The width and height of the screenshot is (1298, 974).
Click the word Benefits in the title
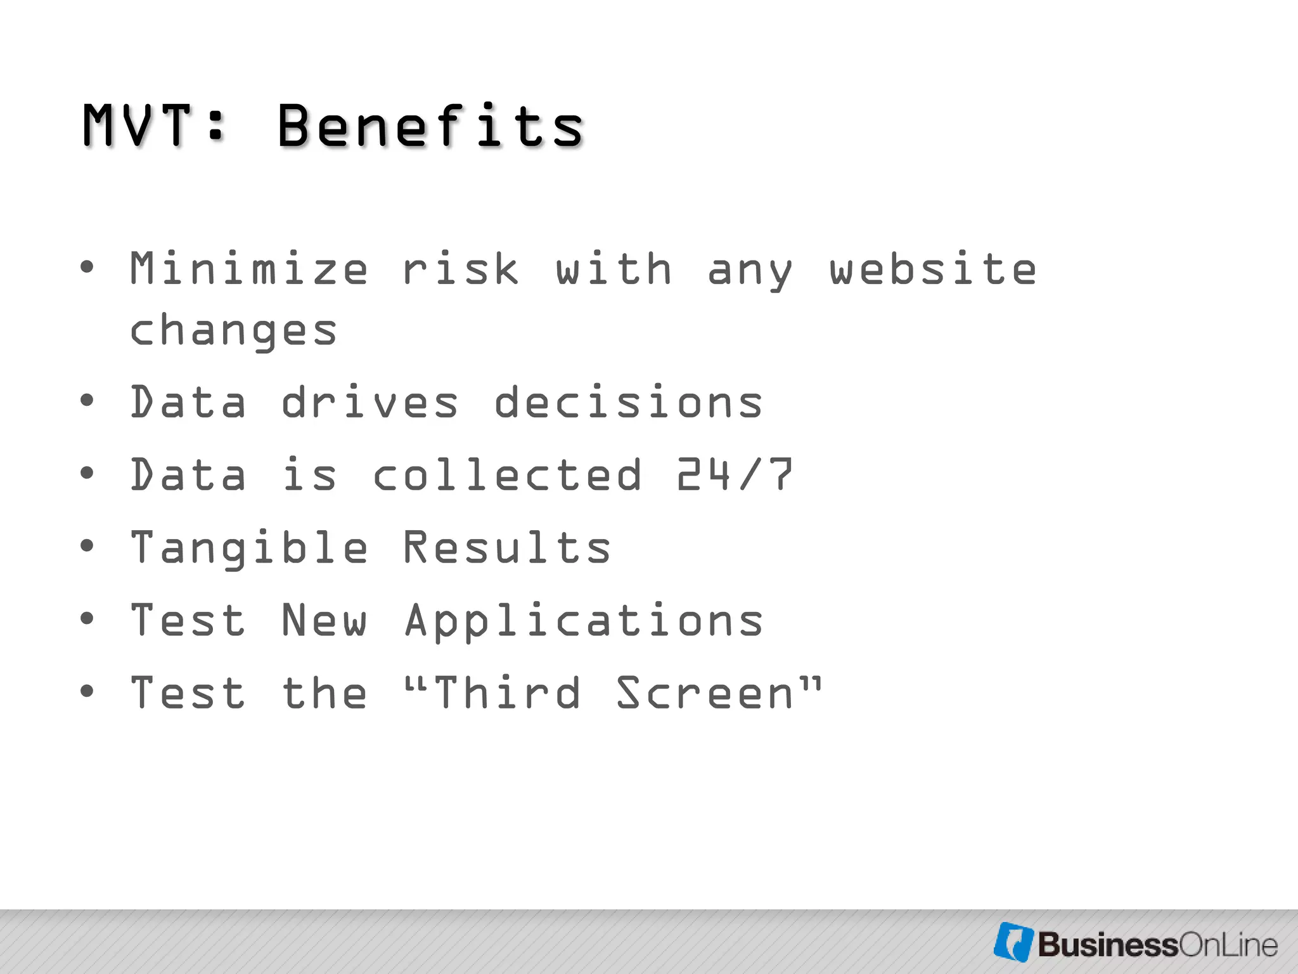tap(430, 126)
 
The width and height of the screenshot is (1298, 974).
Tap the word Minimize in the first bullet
tap(248, 269)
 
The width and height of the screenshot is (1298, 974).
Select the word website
tap(933, 269)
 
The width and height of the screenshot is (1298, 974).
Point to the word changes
tap(233, 331)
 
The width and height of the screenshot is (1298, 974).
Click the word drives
tap(369, 403)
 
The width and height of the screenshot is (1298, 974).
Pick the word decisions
tap(628, 403)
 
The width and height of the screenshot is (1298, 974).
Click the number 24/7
tap(735, 475)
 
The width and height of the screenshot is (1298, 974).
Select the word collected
tap(507, 475)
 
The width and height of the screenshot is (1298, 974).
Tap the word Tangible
tap(248, 548)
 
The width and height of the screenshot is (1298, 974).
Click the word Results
tap(507, 548)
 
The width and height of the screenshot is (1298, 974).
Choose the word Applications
tap(584, 621)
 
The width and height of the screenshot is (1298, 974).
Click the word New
tap(324, 621)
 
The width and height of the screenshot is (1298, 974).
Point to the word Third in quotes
tap(507, 693)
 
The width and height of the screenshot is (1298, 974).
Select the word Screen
tap(705, 693)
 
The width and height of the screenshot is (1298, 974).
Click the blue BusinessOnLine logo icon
tap(1013, 942)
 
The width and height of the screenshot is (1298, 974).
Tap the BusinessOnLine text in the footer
tap(1157, 945)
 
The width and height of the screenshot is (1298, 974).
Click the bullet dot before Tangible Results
tap(87, 545)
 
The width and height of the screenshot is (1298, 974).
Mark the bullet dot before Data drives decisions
tap(87, 400)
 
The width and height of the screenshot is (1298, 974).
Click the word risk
tap(461, 269)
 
